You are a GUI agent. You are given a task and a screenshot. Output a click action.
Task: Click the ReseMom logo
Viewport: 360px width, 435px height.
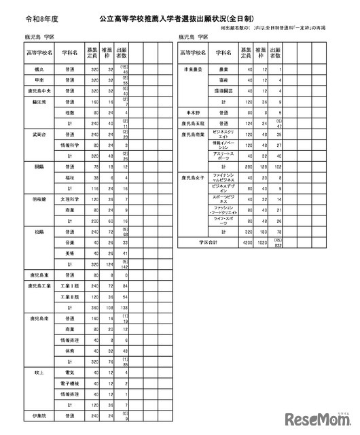(x=318, y=417)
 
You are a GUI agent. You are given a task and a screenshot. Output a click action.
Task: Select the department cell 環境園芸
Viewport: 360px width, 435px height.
(x=225, y=92)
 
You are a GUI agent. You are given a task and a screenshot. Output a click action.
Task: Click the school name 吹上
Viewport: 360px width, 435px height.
(x=37, y=372)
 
